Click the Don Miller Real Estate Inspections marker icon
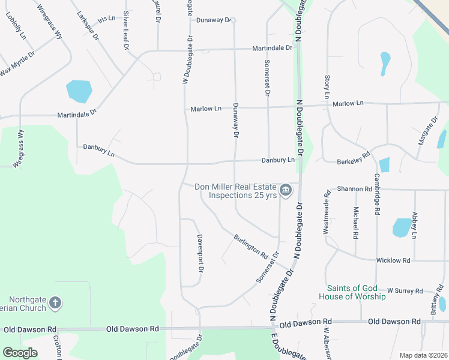tap(286, 191)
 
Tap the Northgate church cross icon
tap(55, 303)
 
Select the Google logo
tap(20, 353)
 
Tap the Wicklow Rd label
tap(393, 260)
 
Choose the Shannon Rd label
tap(355, 188)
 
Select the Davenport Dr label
tap(200, 253)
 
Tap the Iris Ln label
tap(106, 19)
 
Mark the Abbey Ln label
tap(414, 223)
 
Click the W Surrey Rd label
tap(405, 290)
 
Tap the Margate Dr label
tap(428, 131)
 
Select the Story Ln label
tap(327, 87)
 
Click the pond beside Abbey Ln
tap(401, 228)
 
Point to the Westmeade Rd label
tap(327, 212)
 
